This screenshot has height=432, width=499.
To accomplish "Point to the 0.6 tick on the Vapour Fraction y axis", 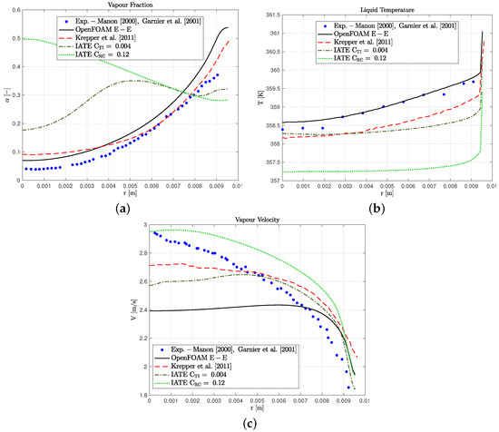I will tap(15, 15).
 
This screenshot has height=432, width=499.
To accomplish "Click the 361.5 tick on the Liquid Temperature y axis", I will tap(259, 15).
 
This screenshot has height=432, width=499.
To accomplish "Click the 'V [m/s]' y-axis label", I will tap(127, 312).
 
